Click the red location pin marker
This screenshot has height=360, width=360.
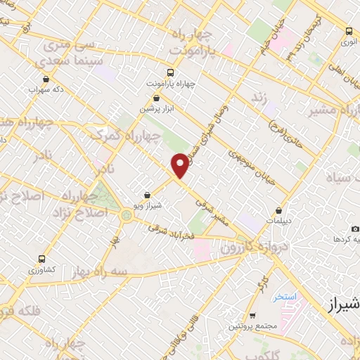pyautogui.click(x=181, y=165)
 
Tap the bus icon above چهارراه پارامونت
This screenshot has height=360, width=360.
pyautogui.click(x=171, y=73)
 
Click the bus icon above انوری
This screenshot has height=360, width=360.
pyautogui.click(x=349, y=31)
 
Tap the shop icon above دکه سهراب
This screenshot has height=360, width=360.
pyautogui.click(x=46, y=79)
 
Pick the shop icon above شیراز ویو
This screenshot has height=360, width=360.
pyautogui.click(x=146, y=195)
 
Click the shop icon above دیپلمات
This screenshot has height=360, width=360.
pyautogui.click(x=280, y=210)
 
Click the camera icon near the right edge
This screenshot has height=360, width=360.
pyautogui.click(x=355, y=229)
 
